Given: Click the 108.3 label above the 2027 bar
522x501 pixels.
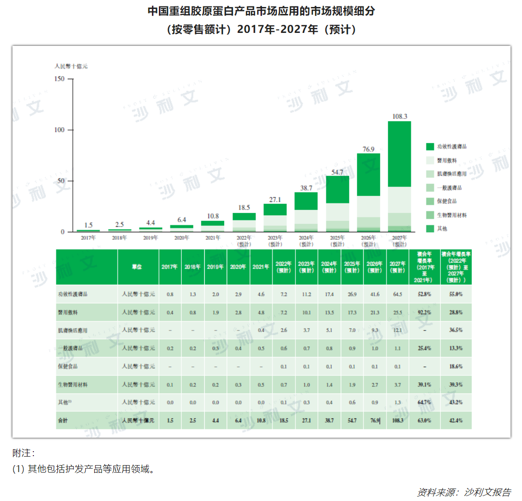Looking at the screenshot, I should pos(399,117).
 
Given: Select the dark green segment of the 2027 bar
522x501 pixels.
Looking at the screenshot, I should pos(399,154).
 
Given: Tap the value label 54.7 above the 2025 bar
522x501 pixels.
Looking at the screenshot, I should pos(337,172).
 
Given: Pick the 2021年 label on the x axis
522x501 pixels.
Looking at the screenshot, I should pos(213,238).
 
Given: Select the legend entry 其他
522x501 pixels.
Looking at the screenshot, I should pos(442,228).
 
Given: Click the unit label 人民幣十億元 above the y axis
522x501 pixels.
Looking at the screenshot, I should pos(71,66).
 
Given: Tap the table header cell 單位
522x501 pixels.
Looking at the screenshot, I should pos(137,267).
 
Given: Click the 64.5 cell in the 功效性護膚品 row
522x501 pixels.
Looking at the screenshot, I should pos(397,295).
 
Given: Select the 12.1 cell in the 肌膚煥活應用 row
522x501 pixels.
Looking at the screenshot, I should pos(397,331).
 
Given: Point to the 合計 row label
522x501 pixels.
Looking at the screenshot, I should pos(63,421).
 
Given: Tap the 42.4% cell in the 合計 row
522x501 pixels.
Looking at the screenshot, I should pos(456,421).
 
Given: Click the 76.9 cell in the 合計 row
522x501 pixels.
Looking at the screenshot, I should pos(374,421).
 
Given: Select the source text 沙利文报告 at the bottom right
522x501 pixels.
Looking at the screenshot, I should pos(488,492).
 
